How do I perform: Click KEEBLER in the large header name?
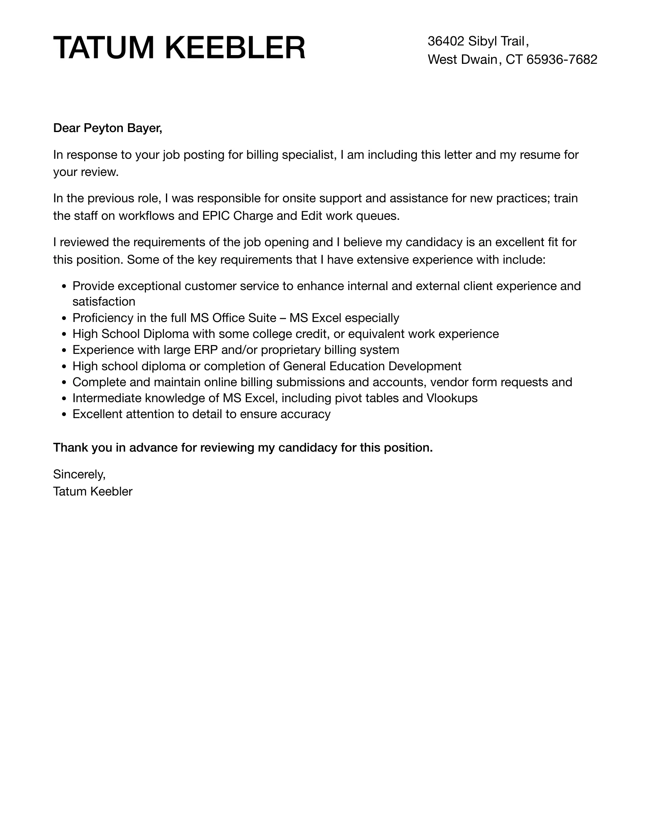pos(235,48)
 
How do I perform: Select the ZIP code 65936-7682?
pos(562,59)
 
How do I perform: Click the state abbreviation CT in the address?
pos(514,59)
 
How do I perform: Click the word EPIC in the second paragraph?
pos(216,216)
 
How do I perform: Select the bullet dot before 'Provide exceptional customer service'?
pos(65,286)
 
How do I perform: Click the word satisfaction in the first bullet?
pos(104,302)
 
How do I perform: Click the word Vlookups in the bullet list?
pos(452,398)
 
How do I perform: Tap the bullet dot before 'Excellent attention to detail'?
pos(65,415)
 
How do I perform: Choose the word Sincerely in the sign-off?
pos(79,474)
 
